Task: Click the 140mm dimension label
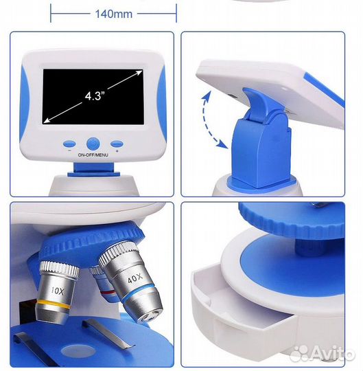click(114, 14)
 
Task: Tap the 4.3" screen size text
click(95, 95)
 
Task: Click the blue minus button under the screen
click(69, 144)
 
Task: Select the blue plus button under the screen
click(117, 144)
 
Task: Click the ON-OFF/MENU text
click(93, 155)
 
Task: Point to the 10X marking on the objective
click(58, 291)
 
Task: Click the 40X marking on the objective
click(135, 278)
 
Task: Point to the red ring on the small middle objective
click(108, 293)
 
